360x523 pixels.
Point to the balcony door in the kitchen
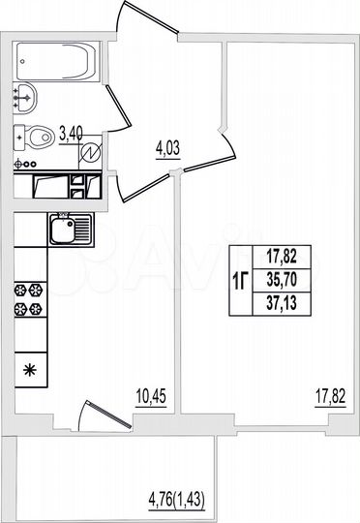(104, 414)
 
